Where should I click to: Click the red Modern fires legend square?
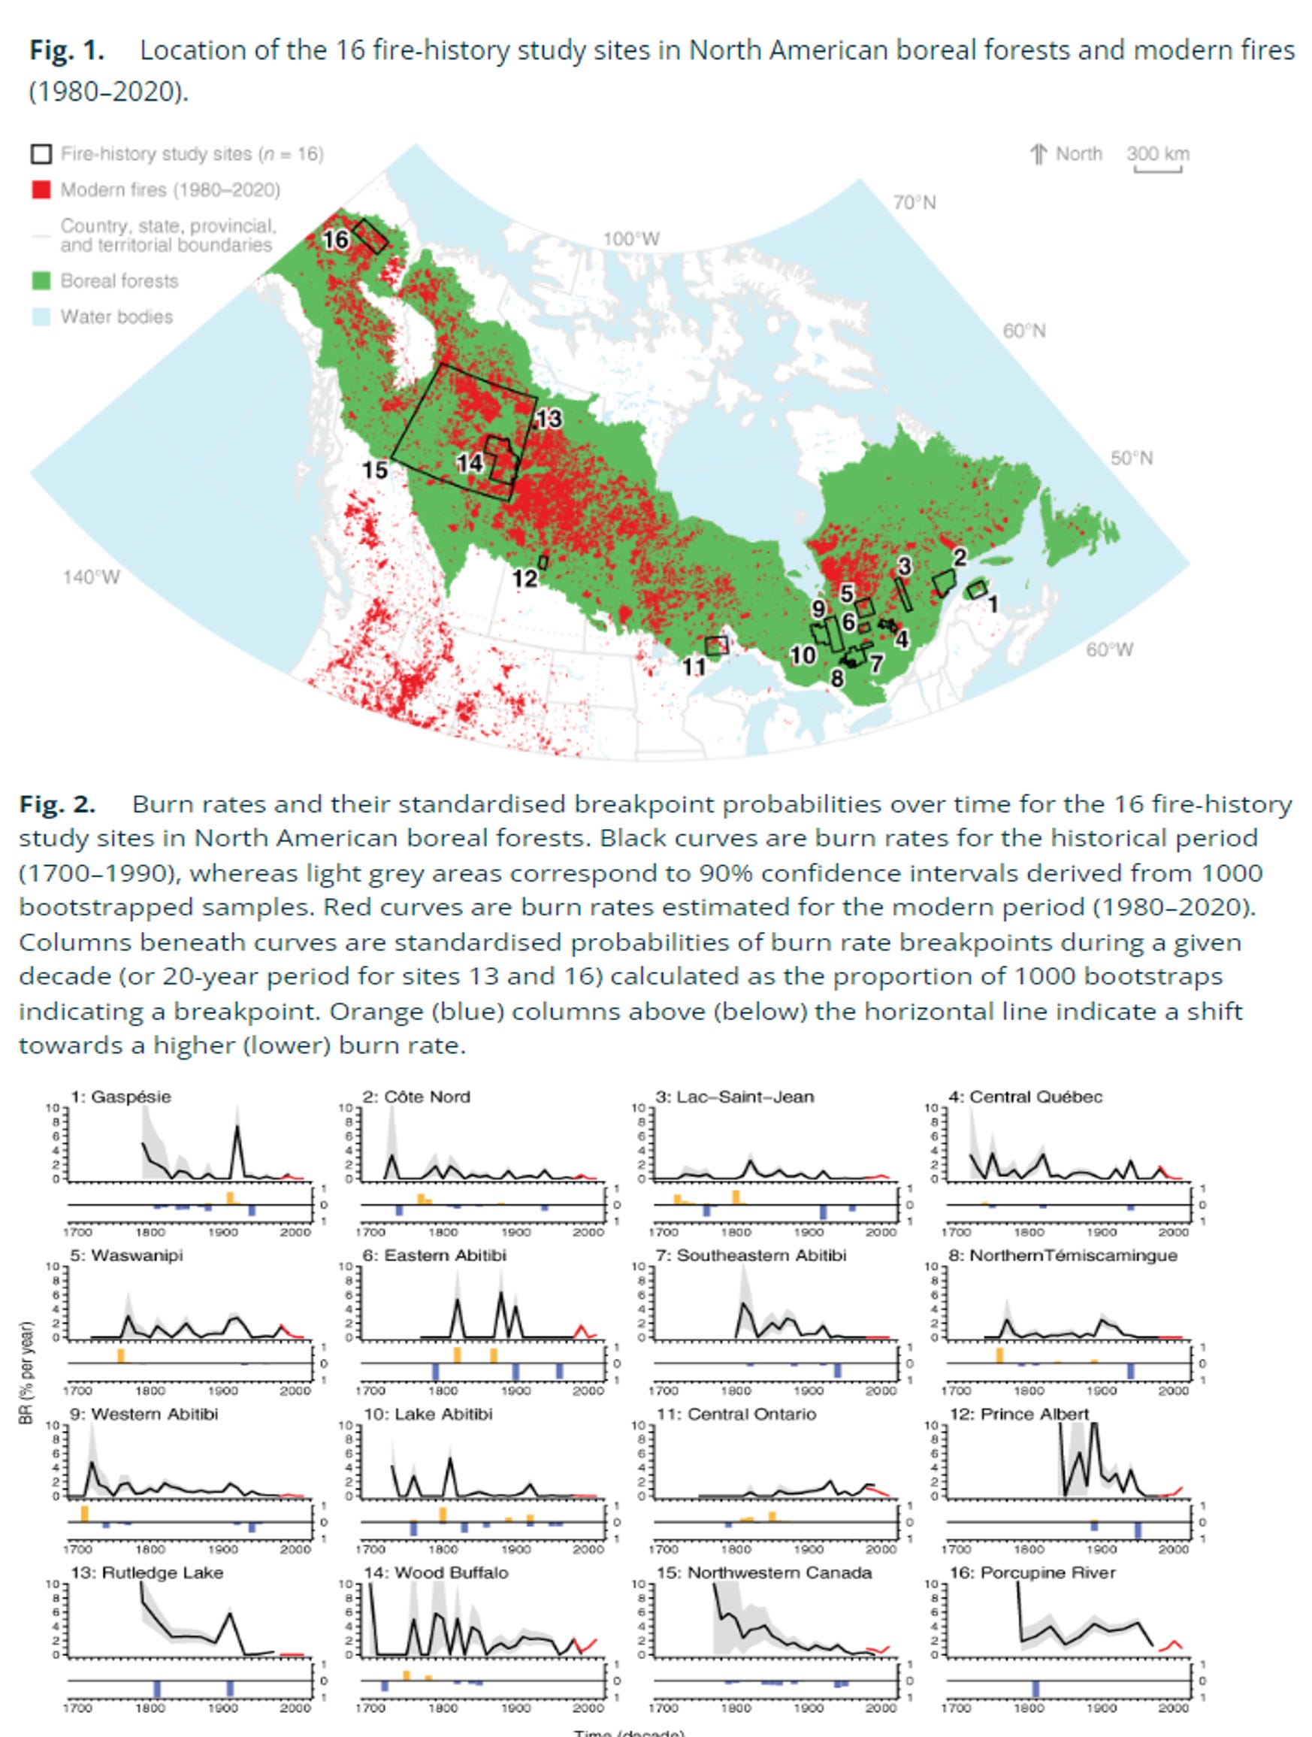pyautogui.click(x=41, y=190)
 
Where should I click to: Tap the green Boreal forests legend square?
pyautogui.click(x=41, y=280)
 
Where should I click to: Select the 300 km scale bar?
pyautogui.click(x=1157, y=168)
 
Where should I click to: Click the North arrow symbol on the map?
pyautogui.click(x=1038, y=154)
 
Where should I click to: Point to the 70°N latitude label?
pyautogui.click(x=914, y=203)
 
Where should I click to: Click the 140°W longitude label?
pyautogui.click(x=91, y=577)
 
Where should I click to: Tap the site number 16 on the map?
pyautogui.click(x=336, y=240)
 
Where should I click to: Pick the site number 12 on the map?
pyautogui.click(x=524, y=579)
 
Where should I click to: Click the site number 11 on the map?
pyautogui.click(x=694, y=667)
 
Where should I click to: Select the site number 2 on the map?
pyautogui.click(x=960, y=557)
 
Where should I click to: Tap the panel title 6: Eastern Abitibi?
pyautogui.click(x=434, y=1255)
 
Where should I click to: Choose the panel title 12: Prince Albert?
pyautogui.click(x=1018, y=1414)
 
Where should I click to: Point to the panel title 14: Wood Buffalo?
pyautogui.click(x=436, y=1572)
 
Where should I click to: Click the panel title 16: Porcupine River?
pyautogui.click(x=1032, y=1572)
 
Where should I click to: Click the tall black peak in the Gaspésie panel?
pyautogui.click(x=237, y=1127)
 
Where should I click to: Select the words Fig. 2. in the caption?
pyautogui.click(x=56, y=804)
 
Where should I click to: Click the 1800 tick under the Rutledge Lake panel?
pyautogui.click(x=150, y=1707)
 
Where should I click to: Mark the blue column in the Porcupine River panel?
pyautogui.click(x=1035, y=1689)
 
